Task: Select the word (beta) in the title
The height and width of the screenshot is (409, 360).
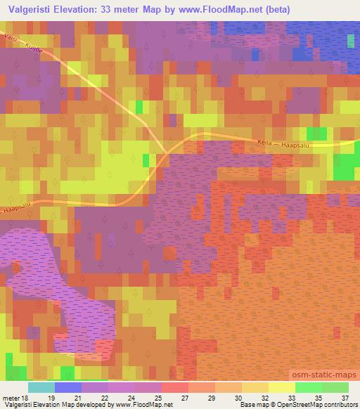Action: tap(269, 10)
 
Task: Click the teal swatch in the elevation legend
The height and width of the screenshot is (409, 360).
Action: tap(41, 387)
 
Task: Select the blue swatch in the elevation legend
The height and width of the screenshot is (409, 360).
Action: tap(68, 387)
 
